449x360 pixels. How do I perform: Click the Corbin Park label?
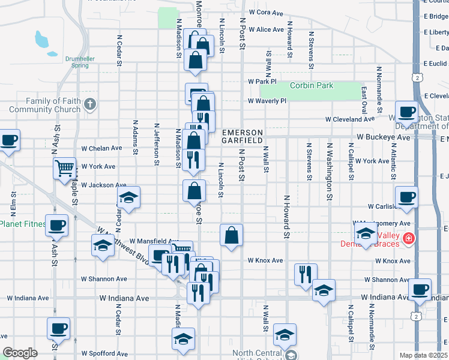(x=311, y=86)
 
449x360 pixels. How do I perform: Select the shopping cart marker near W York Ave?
(x=64, y=168)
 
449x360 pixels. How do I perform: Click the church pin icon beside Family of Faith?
(x=90, y=104)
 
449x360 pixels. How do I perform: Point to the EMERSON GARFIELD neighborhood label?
(x=243, y=136)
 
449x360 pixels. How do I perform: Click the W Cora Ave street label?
(x=265, y=12)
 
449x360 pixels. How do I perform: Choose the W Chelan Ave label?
(x=102, y=148)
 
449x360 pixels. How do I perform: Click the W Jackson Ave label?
(x=104, y=185)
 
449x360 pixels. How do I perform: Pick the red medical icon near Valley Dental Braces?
(x=409, y=239)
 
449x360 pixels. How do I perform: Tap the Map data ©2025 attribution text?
(x=424, y=355)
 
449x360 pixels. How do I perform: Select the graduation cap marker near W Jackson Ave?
(x=129, y=197)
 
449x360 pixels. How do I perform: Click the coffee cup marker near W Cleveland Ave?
(x=407, y=112)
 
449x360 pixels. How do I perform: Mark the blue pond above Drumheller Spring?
(x=42, y=41)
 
